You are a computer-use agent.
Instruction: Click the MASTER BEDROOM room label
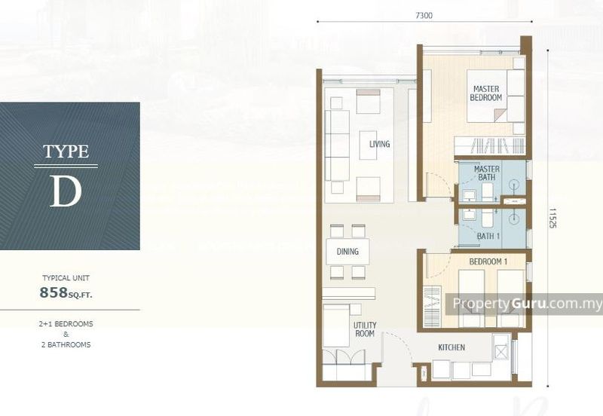(486, 93)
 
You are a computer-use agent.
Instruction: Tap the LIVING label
(380, 144)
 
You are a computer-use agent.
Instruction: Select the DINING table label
(347, 252)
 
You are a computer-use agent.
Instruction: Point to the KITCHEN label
(451, 347)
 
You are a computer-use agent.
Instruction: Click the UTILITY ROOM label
(365, 329)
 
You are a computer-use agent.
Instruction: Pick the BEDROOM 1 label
(488, 262)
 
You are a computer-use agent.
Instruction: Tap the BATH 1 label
(488, 236)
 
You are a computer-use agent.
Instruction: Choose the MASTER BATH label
(487, 173)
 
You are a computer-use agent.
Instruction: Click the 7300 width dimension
(424, 15)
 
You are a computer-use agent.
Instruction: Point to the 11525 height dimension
(552, 219)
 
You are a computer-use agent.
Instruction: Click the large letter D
(66, 191)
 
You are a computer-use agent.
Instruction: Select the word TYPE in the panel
(66, 151)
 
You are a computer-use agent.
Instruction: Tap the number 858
(54, 292)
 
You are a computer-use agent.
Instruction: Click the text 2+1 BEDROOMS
(66, 324)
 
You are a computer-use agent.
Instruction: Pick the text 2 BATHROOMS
(66, 345)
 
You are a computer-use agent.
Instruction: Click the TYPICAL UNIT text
(66, 277)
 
